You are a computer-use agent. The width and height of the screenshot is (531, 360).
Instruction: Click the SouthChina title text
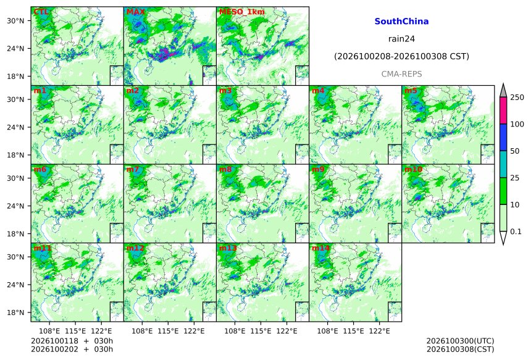tap(401, 22)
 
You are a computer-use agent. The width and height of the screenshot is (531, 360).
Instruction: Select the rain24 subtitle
tap(401, 39)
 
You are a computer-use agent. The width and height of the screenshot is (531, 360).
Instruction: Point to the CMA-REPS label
tap(401, 74)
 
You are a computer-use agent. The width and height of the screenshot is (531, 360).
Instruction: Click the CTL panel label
tap(41, 12)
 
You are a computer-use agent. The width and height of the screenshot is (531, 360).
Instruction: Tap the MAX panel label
tap(135, 12)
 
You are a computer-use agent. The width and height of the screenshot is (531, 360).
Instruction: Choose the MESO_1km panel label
tap(242, 12)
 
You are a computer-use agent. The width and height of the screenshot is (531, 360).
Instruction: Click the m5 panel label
tap(411, 91)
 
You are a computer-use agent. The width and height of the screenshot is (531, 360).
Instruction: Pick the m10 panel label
tap(413, 169)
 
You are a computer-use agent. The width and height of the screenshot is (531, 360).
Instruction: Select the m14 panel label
tap(320, 248)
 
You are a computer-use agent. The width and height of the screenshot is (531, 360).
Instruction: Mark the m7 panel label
tap(133, 169)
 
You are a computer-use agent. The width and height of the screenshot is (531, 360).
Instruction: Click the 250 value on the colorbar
tap(517, 98)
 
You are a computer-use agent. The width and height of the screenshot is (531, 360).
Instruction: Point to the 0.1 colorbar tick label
tap(516, 232)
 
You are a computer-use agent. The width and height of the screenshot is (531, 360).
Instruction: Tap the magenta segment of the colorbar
tap(503, 111)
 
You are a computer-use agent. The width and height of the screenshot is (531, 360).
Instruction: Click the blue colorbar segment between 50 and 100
tap(503, 138)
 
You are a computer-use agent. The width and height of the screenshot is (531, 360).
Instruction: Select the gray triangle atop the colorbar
tap(503, 91)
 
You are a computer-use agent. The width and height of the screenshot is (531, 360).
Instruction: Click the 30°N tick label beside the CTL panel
tap(15, 21)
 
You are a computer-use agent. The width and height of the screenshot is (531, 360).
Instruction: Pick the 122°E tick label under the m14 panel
tap(379, 331)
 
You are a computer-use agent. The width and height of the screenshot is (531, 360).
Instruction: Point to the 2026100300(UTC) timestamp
tap(460, 341)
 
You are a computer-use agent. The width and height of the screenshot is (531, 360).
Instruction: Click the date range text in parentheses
tap(401, 56)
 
